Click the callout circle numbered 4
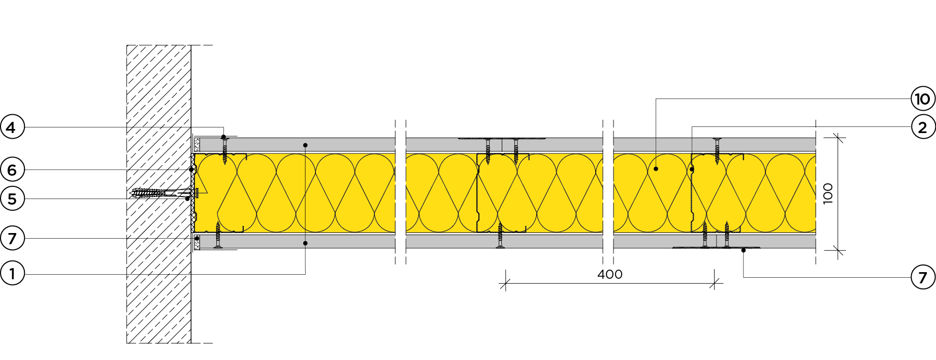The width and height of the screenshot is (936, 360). coord(12,127)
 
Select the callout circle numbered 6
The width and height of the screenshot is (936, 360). coord(12,170)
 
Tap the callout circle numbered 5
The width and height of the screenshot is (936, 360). coord(12,199)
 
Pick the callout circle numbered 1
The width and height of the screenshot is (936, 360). coord(12,274)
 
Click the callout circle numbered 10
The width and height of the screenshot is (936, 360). coord(923,99)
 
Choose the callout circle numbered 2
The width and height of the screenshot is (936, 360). coord(923,127)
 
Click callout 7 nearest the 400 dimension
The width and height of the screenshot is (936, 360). coord(923,277)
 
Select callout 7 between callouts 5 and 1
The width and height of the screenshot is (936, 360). coord(12,238)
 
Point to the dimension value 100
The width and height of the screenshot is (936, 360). coord(828,193)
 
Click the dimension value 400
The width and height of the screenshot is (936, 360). coord(610,274)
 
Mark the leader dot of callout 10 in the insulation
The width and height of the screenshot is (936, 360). coord(656,169)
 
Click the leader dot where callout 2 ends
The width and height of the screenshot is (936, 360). coord(692,169)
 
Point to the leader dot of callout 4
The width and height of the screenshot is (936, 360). coord(223,137)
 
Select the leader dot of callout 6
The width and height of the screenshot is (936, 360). coord(191,170)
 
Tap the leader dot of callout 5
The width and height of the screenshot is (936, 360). coord(187,199)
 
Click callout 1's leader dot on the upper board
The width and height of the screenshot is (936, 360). coord(305,145)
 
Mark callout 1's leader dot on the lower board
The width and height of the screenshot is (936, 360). coord(305,243)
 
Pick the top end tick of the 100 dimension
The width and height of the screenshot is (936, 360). coord(837,137)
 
